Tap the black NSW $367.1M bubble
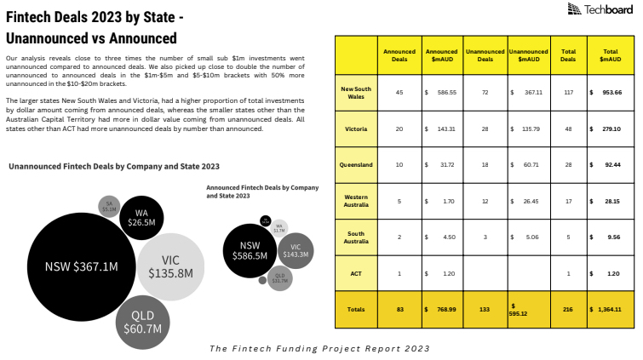pos(82,266)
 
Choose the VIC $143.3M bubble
pos(296,250)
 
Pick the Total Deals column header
pos(568,55)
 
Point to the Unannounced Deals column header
pos(485,55)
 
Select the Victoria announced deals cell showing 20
pos(399,129)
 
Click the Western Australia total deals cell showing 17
pos(568,202)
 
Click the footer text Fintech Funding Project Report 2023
pos(319,348)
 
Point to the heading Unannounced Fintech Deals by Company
pos(114,167)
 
